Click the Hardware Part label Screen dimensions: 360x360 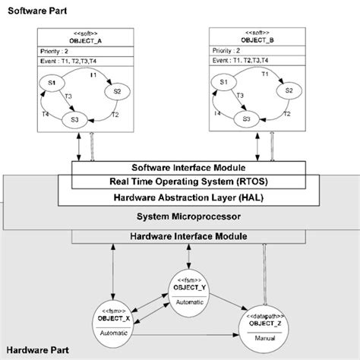click(38, 351)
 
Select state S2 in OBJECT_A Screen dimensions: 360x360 click(118, 91)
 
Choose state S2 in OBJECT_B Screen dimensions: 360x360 click(288, 90)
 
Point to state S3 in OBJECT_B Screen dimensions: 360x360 click(247, 119)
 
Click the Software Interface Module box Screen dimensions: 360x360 click(188, 167)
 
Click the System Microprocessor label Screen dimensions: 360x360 click(188, 216)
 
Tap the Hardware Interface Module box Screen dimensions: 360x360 click(188, 237)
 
